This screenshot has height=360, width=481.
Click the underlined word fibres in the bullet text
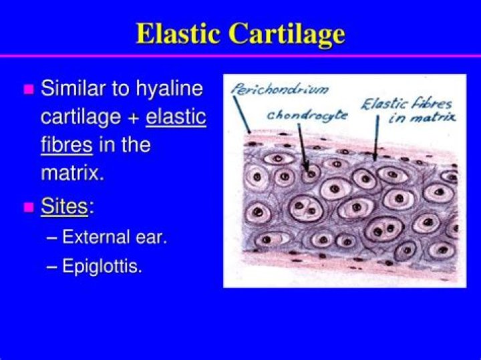coord(66,144)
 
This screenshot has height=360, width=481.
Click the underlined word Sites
coord(64,206)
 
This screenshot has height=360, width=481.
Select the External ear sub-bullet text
coord(114,237)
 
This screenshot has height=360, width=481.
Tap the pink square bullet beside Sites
coord(28,207)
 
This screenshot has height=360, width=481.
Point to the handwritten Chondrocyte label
coord(307,114)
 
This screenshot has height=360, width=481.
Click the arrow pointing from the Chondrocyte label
coord(303,147)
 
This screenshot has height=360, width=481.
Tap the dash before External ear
coord(53,238)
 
